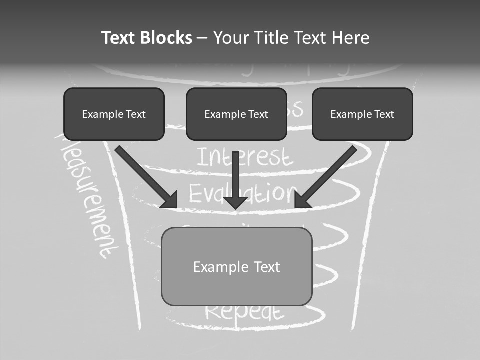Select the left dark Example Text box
coord(114,114)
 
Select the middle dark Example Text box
coord(236,114)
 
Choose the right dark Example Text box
coord(362,114)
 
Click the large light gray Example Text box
coord(236,266)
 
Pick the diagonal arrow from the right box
coord(327,175)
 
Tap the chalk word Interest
coord(244,157)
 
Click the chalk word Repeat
coord(244,312)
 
